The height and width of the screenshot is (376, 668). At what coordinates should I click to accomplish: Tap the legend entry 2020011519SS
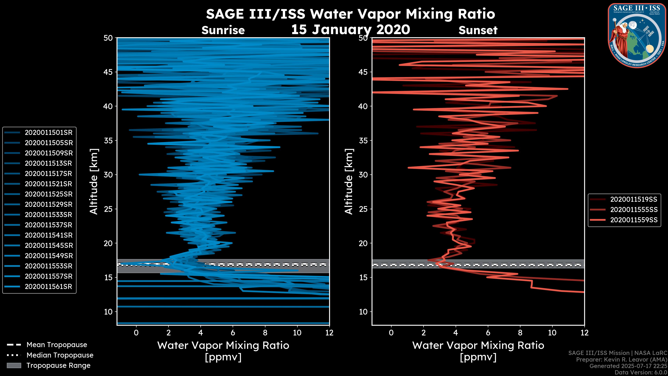click(x=634, y=199)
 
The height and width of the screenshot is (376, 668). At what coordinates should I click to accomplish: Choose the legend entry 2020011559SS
click(x=634, y=220)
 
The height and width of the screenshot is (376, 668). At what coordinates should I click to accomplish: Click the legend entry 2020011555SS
click(x=634, y=210)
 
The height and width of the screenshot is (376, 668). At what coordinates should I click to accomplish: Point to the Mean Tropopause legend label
click(x=57, y=345)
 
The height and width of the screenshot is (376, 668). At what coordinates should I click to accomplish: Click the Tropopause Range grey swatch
click(x=14, y=365)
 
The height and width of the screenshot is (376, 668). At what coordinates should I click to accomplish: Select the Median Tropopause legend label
click(x=60, y=355)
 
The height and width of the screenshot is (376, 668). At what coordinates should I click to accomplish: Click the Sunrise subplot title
click(x=223, y=30)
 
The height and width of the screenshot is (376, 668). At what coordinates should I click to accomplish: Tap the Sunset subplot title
click(x=478, y=30)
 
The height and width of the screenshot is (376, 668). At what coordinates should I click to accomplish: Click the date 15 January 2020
click(x=351, y=30)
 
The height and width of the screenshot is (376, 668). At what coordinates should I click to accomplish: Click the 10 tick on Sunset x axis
click(x=552, y=333)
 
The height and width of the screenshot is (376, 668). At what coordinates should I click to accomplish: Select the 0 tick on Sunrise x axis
click(x=136, y=333)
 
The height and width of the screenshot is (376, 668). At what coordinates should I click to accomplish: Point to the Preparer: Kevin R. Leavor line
click(x=621, y=360)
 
